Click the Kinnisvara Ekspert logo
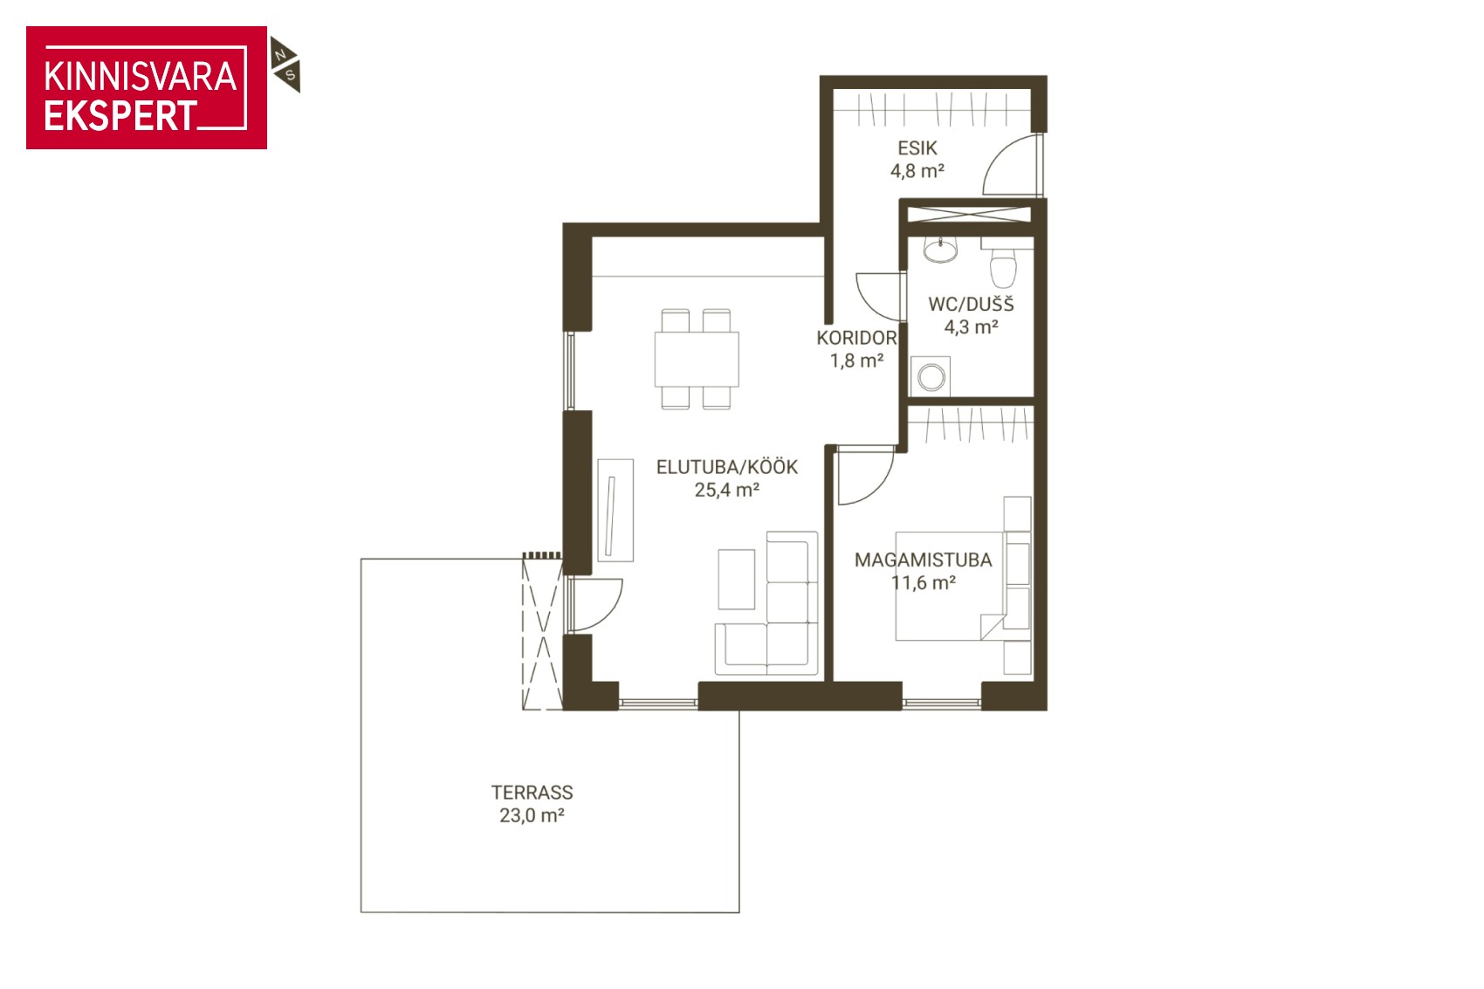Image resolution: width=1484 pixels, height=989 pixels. click(147, 87)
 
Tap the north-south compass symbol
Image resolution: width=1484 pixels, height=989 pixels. click(285, 65)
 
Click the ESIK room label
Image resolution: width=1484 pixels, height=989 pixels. click(917, 148)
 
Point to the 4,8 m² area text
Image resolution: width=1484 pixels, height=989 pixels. click(917, 171)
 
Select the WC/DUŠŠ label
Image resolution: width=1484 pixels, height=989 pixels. click(972, 304)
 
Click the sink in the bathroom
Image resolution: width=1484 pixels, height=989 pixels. click(941, 250)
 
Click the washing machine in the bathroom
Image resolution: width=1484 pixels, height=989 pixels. click(931, 377)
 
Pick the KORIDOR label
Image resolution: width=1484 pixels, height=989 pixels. click(856, 338)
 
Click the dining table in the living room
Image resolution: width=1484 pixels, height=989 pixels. click(697, 359)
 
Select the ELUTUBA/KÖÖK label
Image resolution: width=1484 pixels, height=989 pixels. click(727, 467)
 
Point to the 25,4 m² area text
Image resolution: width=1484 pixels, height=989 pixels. click(727, 491)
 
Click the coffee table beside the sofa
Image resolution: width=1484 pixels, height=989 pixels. click(737, 579)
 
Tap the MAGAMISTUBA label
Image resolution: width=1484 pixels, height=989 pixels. click(923, 560)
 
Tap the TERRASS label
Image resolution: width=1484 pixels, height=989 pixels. click(532, 793)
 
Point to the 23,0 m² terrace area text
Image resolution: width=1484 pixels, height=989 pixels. click(532, 815)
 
